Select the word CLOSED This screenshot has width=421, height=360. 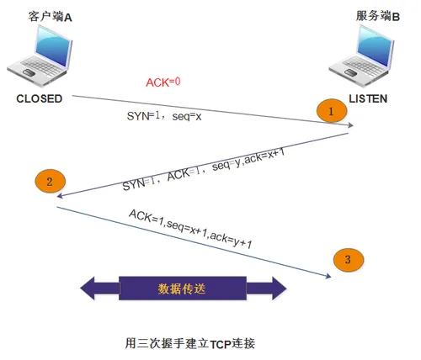(40, 98)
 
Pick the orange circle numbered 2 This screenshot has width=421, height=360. (50, 181)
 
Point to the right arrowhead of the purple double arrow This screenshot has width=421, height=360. (275, 289)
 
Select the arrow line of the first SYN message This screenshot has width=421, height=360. (210, 112)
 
